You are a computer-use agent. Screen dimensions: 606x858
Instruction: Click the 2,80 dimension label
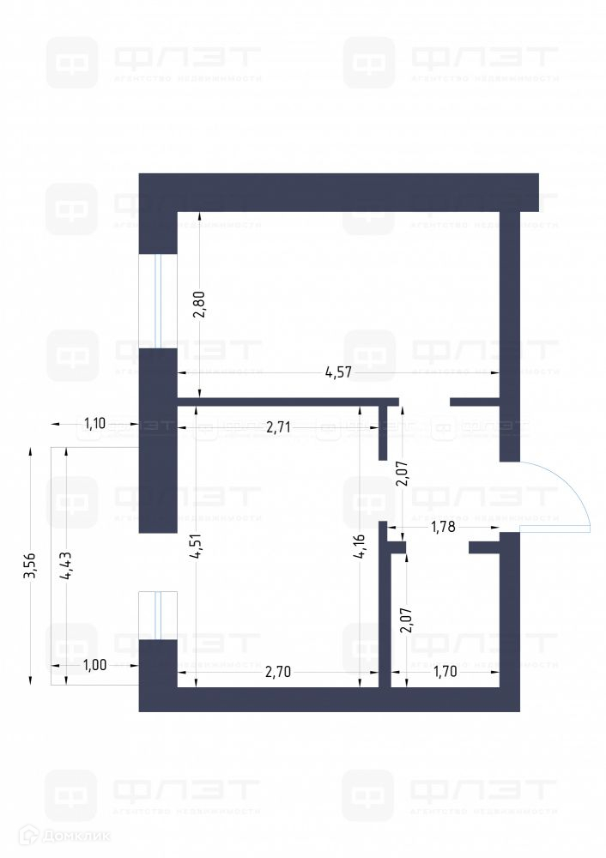click(199, 305)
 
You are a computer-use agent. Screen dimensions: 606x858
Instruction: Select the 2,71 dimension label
click(280, 425)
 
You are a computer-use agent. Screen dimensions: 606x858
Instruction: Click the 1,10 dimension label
click(94, 422)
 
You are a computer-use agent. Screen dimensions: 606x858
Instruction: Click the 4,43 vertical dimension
click(65, 566)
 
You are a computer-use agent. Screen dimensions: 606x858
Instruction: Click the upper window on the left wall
click(157, 300)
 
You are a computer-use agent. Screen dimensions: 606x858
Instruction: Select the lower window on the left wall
click(157, 615)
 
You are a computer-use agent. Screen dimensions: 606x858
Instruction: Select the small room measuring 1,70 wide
click(446, 618)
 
